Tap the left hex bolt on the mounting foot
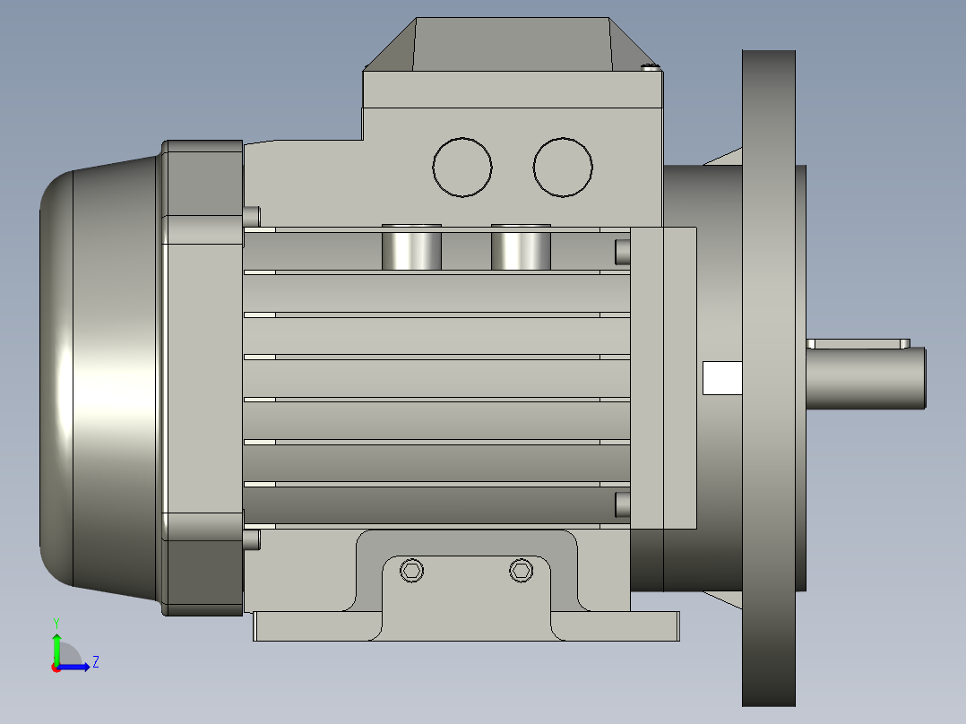point(411,571)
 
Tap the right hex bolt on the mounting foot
point(522,571)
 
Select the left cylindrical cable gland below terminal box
point(411,247)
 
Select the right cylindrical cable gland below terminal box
point(521,247)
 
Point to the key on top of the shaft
point(858,343)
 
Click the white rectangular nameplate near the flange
point(722,378)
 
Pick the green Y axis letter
point(56,624)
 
